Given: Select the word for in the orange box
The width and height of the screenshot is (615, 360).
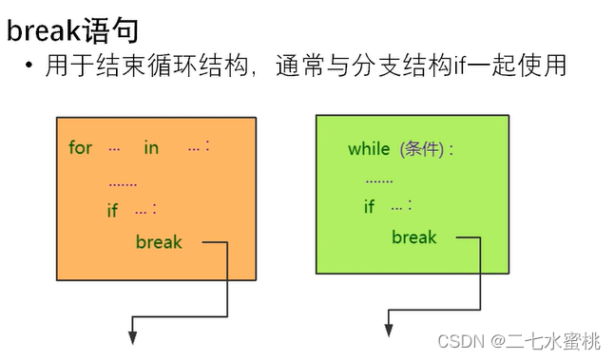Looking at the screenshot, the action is (x=81, y=147).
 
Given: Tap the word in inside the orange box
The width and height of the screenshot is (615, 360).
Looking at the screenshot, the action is (x=151, y=147).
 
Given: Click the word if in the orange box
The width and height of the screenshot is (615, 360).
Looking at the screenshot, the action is (x=112, y=210).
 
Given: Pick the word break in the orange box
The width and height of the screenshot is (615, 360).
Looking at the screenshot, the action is (x=159, y=241).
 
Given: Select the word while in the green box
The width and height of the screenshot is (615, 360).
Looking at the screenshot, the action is (x=369, y=148).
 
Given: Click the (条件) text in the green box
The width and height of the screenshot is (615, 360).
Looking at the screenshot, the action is (x=422, y=148).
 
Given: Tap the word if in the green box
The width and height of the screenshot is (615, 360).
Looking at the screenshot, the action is (x=369, y=206).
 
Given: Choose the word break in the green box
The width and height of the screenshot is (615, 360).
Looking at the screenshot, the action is (x=414, y=237).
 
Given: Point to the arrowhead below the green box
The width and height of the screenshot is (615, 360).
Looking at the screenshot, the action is (x=388, y=328).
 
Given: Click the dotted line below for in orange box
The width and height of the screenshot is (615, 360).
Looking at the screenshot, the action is (x=123, y=182).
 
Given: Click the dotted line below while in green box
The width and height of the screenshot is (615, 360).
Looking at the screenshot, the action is (x=378, y=178).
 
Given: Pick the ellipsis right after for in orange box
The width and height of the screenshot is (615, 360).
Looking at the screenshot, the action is (x=114, y=148).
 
